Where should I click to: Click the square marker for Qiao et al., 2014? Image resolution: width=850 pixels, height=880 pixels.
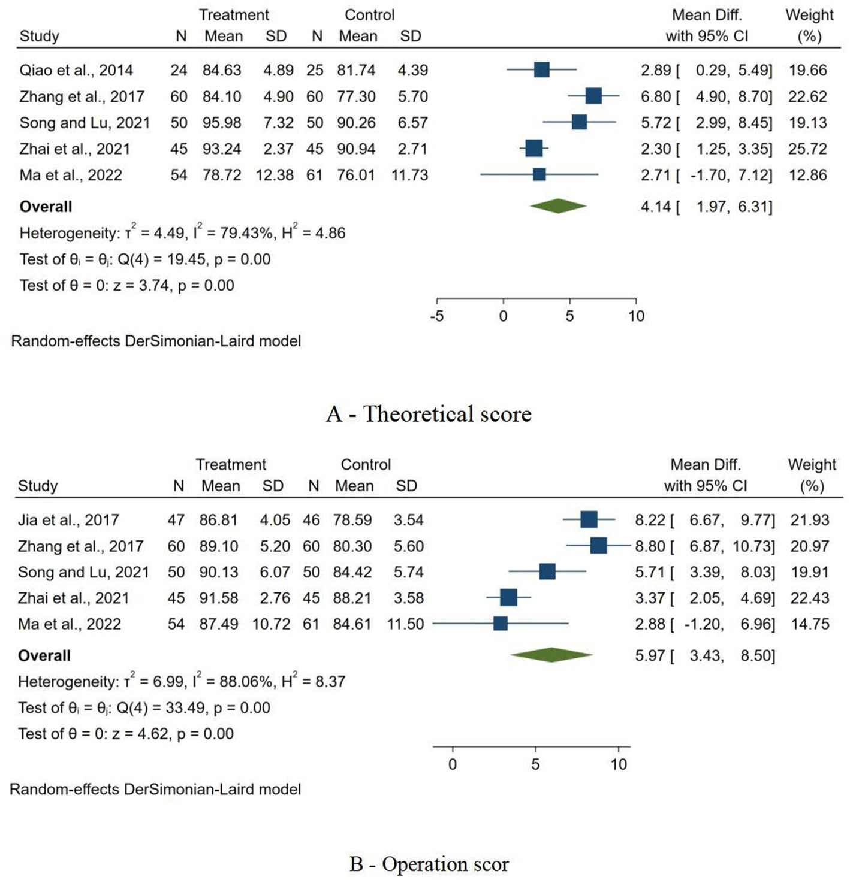[x=541, y=70]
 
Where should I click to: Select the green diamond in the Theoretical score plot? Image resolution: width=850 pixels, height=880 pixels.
[x=558, y=206]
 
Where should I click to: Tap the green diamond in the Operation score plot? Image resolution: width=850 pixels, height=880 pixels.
[x=551, y=655]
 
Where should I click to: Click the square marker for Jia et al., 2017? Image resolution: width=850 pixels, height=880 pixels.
[x=589, y=519]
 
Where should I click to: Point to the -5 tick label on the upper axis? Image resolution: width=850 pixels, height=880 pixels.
[x=436, y=316]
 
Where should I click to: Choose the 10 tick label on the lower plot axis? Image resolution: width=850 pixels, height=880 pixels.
[x=619, y=764]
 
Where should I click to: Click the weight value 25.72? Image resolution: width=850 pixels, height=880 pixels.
[x=807, y=149]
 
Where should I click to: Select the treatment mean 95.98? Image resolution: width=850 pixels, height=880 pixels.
[x=222, y=123]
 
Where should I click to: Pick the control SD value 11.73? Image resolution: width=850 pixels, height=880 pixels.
[x=409, y=175]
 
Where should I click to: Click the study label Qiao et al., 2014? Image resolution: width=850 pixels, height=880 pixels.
[x=76, y=70]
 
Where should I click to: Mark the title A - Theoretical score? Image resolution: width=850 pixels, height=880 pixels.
[x=429, y=413]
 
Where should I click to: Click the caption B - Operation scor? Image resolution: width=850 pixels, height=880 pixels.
[x=429, y=864]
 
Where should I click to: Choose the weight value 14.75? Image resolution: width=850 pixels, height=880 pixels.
[x=810, y=624]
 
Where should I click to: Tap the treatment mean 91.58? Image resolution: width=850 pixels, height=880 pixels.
[x=219, y=598]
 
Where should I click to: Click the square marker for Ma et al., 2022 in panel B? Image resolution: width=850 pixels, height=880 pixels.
[x=501, y=624]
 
